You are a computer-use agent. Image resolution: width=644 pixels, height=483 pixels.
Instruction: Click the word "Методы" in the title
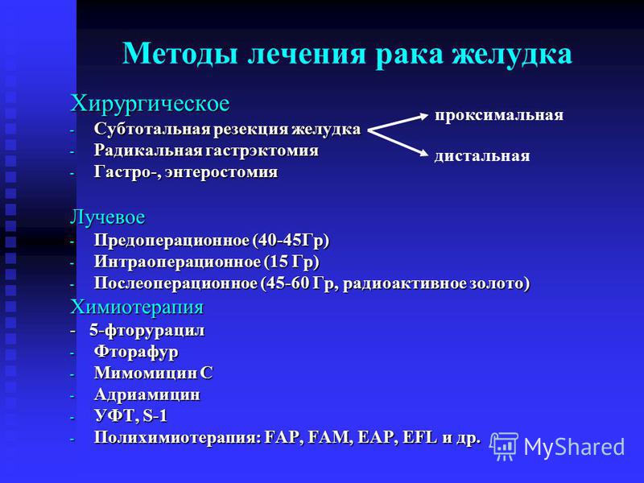[180, 53]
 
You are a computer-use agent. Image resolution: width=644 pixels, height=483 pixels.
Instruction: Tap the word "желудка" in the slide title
[512, 54]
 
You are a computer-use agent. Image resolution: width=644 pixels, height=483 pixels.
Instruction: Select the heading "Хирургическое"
[150, 104]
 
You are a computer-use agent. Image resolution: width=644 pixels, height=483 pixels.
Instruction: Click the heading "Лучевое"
[108, 217]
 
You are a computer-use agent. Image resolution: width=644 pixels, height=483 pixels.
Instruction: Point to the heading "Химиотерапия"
[137, 308]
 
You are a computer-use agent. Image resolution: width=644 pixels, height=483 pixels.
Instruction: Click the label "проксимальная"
[499, 115]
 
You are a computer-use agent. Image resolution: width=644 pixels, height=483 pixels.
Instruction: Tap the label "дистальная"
[482, 155]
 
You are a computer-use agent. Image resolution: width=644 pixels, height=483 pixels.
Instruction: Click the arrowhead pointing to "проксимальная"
[424, 117]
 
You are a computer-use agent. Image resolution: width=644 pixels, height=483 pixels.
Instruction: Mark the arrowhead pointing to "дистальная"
[424, 154]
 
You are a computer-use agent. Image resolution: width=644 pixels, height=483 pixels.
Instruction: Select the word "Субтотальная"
[153, 129]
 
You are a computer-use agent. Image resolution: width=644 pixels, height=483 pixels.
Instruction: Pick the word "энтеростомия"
[221, 172]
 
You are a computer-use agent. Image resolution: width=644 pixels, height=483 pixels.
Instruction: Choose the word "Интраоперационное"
[177, 262]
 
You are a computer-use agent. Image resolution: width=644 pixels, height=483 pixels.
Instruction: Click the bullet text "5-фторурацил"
[147, 331]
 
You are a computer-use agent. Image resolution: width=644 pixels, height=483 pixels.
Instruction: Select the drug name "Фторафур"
[136, 352]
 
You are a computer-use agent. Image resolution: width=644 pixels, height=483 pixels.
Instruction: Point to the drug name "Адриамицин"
[147, 394]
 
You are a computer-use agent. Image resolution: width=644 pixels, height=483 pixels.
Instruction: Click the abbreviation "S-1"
[155, 416]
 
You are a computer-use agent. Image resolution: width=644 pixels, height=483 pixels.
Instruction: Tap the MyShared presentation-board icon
[505, 446]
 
